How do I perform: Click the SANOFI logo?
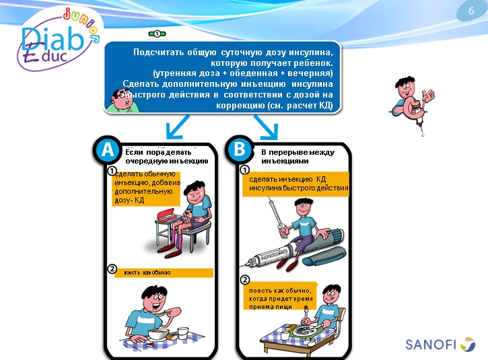(x=440, y=345)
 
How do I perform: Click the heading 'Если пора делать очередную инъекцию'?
(x=167, y=156)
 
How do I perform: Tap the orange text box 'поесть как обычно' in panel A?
(x=164, y=273)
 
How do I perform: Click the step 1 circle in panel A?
(x=113, y=172)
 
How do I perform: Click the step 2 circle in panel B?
(x=245, y=281)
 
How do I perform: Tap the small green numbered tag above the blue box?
(x=156, y=33)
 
